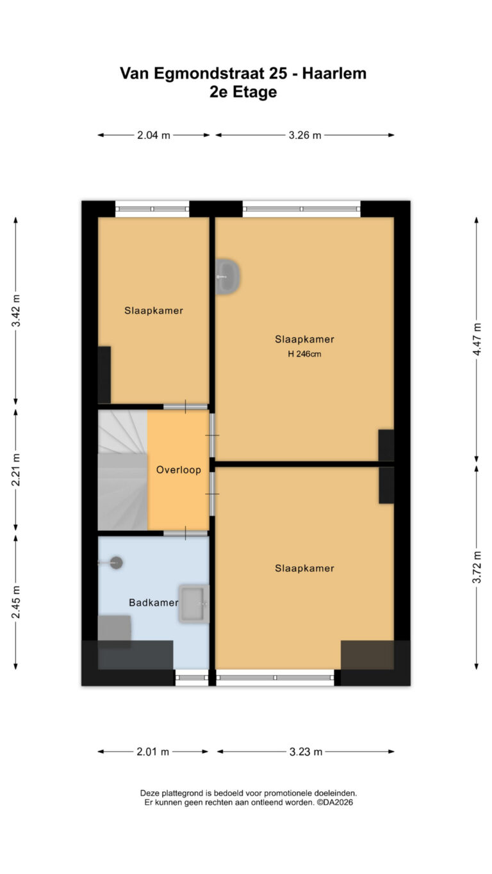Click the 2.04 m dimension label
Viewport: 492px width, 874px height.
(x=154, y=135)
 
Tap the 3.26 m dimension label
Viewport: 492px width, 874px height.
(x=304, y=135)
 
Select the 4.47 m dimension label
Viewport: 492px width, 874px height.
(x=477, y=339)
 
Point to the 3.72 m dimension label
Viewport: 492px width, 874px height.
(x=477, y=567)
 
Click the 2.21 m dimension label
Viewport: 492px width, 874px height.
(x=15, y=469)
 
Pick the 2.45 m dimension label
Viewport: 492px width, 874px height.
(x=15, y=602)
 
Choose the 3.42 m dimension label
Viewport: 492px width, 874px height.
(x=15, y=311)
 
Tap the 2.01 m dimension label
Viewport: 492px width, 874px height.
(x=152, y=752)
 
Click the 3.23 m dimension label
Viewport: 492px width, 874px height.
(x=306, y=752)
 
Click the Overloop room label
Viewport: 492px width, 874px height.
(x=179, y=470)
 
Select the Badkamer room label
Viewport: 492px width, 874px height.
(x=154, y=603)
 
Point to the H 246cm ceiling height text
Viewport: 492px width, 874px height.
(x=304, y=354)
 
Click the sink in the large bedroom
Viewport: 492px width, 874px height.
(x=227, y=276)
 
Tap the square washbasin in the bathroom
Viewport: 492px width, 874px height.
(x=194, y=604)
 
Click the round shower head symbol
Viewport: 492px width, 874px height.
(x=116, y=563)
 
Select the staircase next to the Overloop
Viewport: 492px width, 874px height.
(x=122, y=470)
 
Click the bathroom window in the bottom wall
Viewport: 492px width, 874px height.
(x=192, y=677)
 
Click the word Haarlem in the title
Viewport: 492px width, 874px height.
(x=334, y=74)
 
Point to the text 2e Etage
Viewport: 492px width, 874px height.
(x=243, y=92)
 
